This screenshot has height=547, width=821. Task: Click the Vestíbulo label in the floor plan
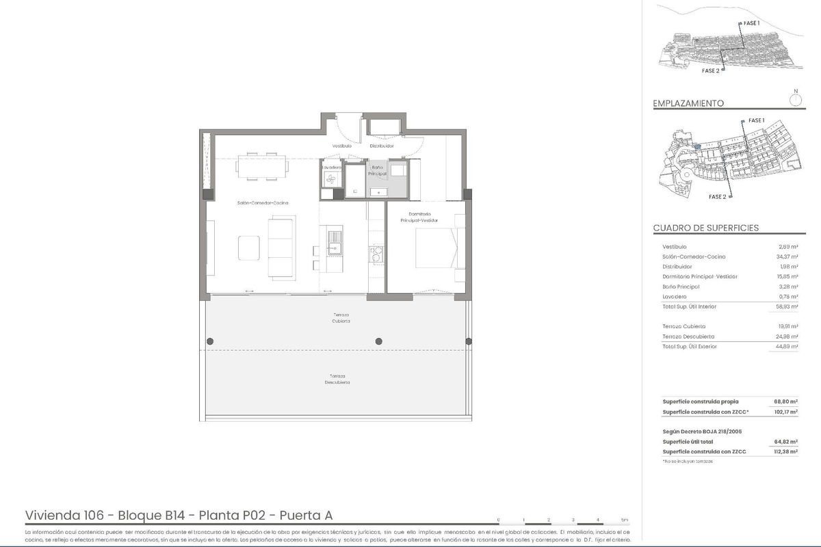click(341, 146)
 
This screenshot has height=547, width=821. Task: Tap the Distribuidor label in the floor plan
click(382, 146)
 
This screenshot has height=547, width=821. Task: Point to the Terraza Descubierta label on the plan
click(337, 379)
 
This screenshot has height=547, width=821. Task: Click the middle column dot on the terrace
click(378, 341)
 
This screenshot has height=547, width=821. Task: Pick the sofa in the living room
click(281, 247)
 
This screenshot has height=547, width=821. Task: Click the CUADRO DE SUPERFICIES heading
click(705, 228)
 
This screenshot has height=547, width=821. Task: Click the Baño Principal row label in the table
click(681, 286)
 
